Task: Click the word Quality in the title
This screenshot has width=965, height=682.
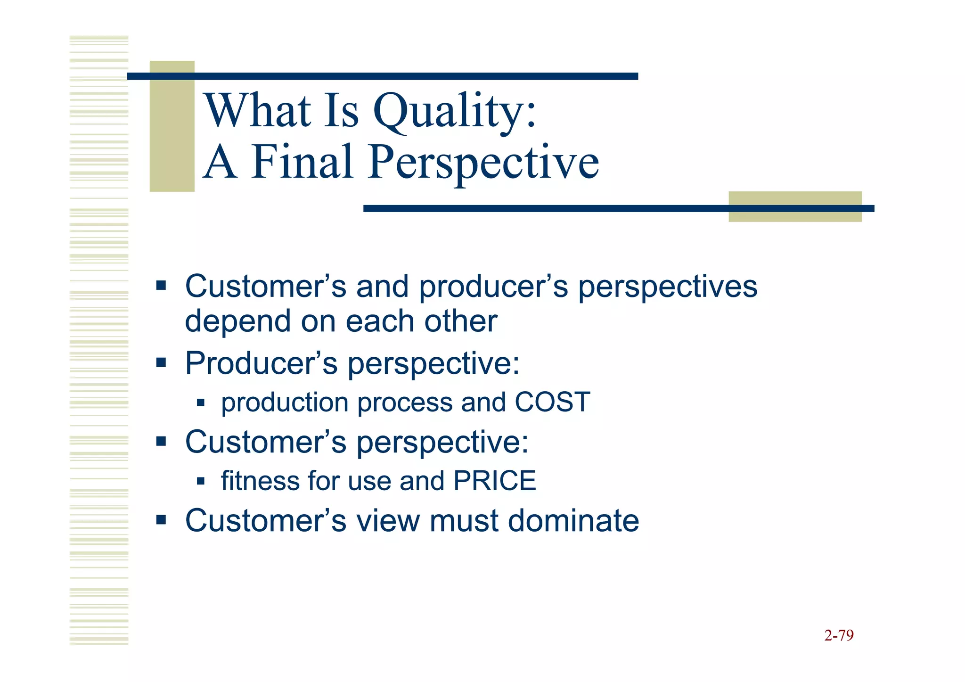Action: [x=455, y=111]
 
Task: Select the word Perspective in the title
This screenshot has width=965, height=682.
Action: [x=483, y=163]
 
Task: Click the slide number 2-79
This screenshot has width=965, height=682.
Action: [x=839, y=635]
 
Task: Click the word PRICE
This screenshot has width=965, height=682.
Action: [x=495, y=481]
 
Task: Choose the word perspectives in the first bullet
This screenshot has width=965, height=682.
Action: [x=668, y=287]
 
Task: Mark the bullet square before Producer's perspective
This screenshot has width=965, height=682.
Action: [x=161, y=362]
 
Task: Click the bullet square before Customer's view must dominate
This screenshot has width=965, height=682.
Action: [x=161, y=520]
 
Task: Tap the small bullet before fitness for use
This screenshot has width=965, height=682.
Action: [x=201, y=481]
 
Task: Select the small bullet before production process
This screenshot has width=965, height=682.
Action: [x=201, y=403]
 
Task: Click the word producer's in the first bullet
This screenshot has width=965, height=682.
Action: [x=493, y=287]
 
